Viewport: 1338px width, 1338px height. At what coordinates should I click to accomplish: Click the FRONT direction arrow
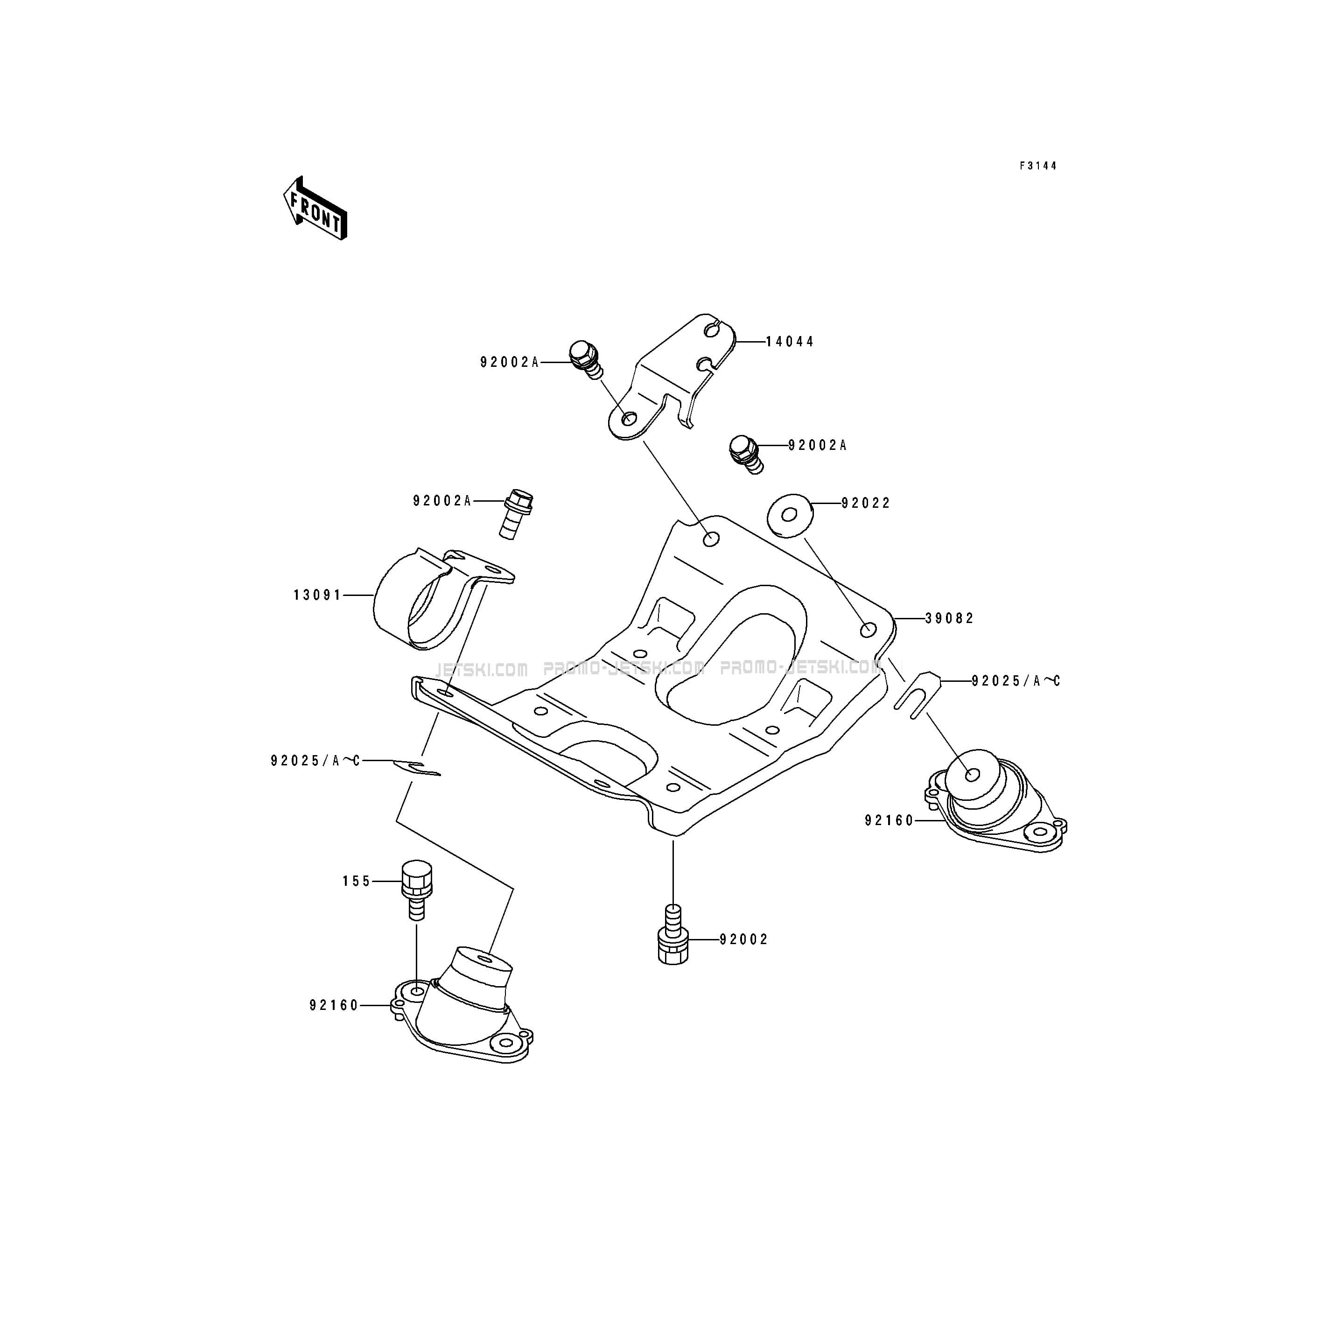(315, 208)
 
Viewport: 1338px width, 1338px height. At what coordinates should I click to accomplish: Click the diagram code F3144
(1037, 166)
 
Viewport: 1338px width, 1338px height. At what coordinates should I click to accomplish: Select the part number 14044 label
(790, 342)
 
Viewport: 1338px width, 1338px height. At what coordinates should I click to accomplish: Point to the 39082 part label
(950, 618)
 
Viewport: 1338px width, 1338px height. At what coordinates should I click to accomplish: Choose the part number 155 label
(357, 882)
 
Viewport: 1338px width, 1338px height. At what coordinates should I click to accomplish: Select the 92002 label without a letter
(744, 940)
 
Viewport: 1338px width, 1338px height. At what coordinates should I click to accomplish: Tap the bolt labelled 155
(416, 889)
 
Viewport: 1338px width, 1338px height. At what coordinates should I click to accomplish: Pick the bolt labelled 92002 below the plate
(673, 934)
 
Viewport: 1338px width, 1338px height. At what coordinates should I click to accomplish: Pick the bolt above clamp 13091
(516, 513)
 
